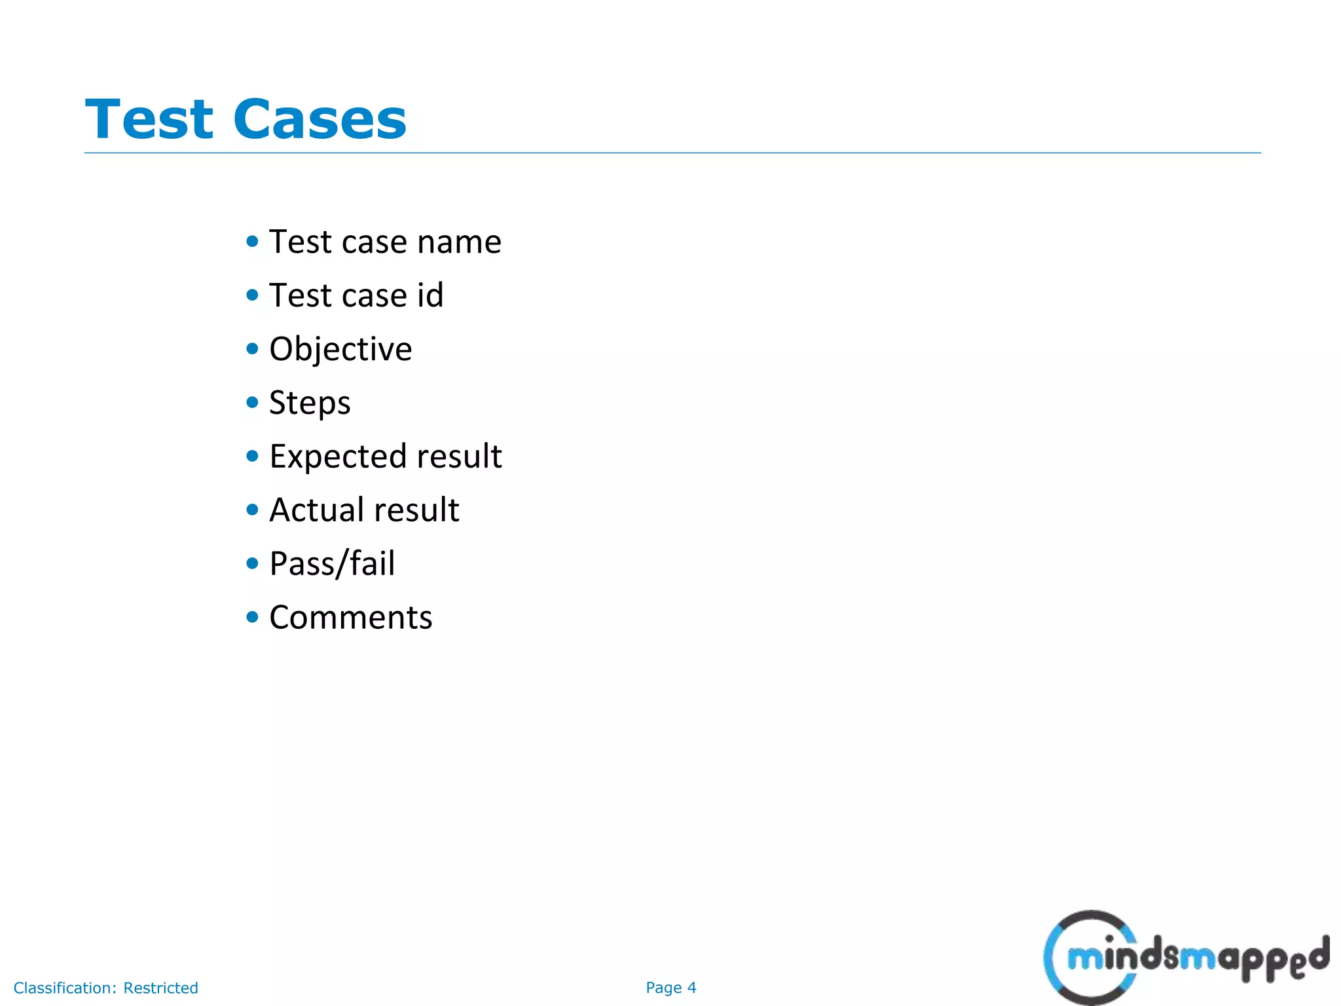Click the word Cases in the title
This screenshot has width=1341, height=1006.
tap(320, 119)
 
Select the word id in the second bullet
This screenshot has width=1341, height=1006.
tap(430, 295)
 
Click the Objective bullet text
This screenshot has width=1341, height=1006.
tap(340, 349)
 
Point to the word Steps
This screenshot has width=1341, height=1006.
tap(310, 403)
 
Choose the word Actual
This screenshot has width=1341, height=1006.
tap(317, 510)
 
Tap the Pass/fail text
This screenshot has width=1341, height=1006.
tap(332, 564)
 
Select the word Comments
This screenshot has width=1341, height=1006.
tap(351, 618)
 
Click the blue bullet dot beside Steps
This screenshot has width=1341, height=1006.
tap(253, 402)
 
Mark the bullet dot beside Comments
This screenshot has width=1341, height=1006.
tap(253, 617)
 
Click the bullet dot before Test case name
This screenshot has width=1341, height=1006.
tap(253, 241)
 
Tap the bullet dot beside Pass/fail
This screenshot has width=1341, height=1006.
tap(253, 563)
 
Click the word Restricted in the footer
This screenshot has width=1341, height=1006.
tap(160, 988)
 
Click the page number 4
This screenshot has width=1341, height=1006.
tap(691, 988)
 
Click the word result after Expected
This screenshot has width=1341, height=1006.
tap(459, 456)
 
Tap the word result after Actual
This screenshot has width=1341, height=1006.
tap(416, 510)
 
